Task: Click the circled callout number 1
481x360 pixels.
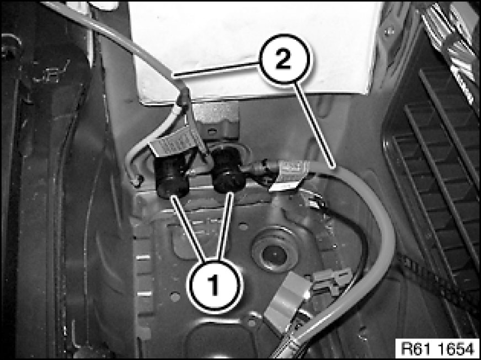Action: click(214, 286)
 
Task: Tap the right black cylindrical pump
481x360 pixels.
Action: click(228, 170)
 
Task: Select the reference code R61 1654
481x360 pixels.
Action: click(437, 348)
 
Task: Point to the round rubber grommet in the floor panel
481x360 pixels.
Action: click(275, 250)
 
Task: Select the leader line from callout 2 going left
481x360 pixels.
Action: click(216, 69)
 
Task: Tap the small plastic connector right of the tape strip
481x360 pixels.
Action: click(332, 279)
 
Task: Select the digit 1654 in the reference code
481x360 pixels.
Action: click(456, 348)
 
